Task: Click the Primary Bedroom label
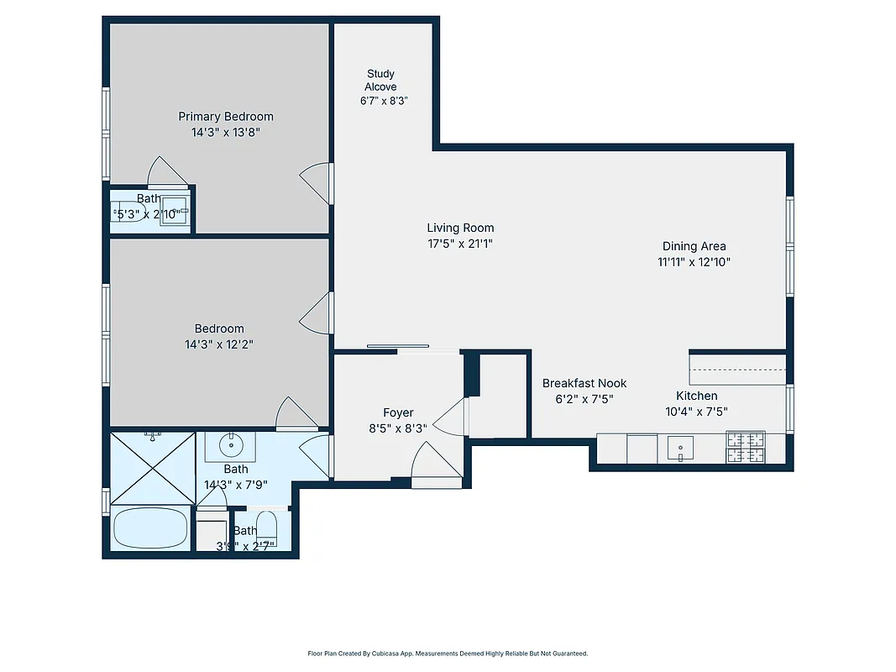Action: (225, 117)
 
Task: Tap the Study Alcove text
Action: (380, 81)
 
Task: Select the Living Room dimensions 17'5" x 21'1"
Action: (460, 244)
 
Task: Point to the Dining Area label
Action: (694, 246)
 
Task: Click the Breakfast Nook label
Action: (584, 383)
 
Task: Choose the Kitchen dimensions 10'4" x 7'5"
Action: (697, 412)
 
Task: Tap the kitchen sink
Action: (679, 447)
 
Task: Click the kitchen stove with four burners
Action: (746, 447)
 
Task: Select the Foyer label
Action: (398, 412)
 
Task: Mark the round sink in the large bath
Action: (229, 444)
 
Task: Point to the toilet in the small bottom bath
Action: (267, 526)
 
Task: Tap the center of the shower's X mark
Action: (153, 468)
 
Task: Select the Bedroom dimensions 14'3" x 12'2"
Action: (219, 344)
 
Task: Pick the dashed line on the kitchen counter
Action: (737, 370)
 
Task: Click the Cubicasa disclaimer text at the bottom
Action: (448, 653)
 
